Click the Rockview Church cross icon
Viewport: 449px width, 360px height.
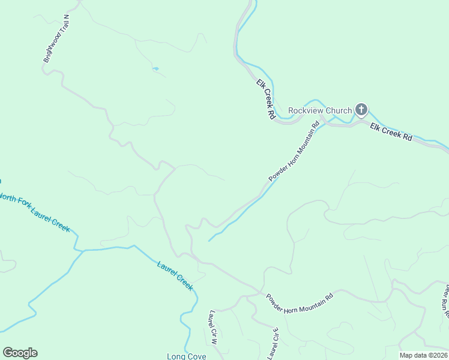tap(361, 109)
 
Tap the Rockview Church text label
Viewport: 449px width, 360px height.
tap(320, 110)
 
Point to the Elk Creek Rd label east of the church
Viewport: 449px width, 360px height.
tap(391, 132)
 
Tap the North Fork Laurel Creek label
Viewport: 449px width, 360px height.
tap(35, 212)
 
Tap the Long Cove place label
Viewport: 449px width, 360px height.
tap(186, 356)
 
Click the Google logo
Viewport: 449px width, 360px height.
tap(20, 353)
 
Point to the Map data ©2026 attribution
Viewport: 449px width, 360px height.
tap(423, 355)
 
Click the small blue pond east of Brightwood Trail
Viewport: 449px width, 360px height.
tap(155, 69)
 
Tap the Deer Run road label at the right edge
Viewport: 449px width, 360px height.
tap(445, 300)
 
